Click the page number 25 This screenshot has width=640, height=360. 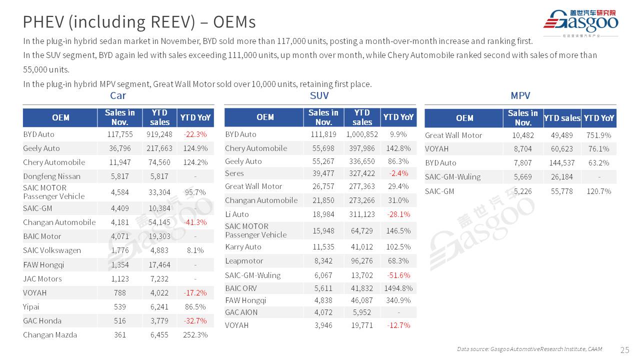(x=624, y=349)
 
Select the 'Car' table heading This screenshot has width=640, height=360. (x=118, y=95)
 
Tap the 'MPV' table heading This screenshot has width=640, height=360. (x=520, y=95)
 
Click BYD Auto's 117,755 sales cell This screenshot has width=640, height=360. (x=120, y=134)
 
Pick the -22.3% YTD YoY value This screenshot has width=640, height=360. (x=195, y=134)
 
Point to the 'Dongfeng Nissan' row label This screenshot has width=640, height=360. (x=51, y=176)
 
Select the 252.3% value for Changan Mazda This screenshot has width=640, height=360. (x=195, y=335)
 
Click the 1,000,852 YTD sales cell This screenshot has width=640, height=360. (x=362, y=134)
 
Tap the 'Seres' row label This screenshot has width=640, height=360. (x=234, y=173)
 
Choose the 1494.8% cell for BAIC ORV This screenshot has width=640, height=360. (x=398, y=288)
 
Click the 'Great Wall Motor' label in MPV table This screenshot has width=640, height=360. (x=453, y=135)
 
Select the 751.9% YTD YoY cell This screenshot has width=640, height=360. (x=599, y=135)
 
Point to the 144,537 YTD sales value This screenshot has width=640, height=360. (x=562, y=163)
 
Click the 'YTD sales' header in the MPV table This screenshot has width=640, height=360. (x=562, y=118)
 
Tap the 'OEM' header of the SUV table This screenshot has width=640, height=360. (x=265, y=117)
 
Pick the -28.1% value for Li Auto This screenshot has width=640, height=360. (x=398, y=214)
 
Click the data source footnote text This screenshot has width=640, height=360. (x=529, y=349)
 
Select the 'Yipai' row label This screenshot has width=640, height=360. (x=31, y=307)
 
